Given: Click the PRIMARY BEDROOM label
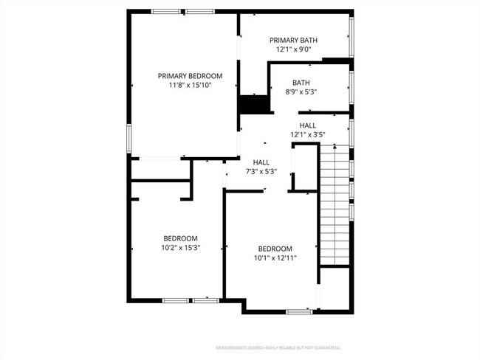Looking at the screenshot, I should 190,76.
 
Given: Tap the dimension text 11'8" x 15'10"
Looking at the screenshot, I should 190,86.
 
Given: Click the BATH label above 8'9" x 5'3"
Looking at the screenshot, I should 301,83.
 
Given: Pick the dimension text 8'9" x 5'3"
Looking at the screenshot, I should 301,92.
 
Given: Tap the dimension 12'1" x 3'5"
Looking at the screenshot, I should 308,135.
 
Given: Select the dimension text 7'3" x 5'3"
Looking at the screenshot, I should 261,172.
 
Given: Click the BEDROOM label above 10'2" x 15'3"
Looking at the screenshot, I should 180,238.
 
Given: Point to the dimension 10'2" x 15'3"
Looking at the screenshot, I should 180,248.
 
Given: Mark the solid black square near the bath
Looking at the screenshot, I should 253,105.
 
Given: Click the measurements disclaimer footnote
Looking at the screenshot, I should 278,347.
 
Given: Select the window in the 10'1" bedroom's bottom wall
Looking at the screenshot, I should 298,312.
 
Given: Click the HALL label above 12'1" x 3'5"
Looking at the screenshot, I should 308,125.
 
